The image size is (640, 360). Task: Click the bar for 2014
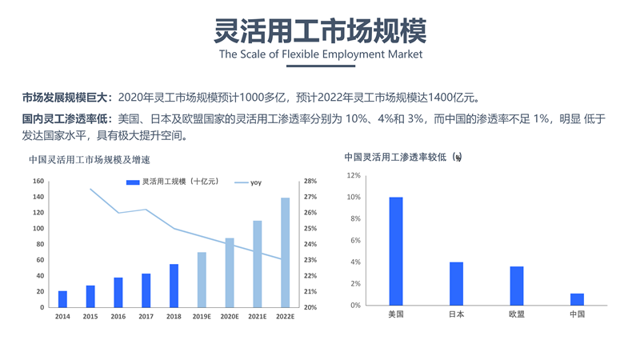pos(63,299)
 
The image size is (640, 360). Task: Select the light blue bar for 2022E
pos(285,253)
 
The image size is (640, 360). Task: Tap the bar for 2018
pos(174,286)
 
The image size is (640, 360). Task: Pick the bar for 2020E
pos(230,273)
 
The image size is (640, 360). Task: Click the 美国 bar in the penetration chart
pos(396,251)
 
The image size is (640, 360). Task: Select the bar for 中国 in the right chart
pos(577,299)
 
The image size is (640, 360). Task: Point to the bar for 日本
pos(456,283)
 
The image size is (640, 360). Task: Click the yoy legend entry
pos(249,183)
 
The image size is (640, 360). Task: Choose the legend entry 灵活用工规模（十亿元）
pos(173,183)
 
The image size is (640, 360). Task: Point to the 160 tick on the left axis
pos(38,182)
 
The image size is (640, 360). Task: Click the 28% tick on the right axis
pos(310,182)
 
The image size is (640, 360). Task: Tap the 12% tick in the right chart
pos(354,175)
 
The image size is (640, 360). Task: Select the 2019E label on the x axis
pos(202,317)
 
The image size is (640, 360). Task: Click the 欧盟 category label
pos(517,314)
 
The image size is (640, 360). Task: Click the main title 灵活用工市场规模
pos(320,30)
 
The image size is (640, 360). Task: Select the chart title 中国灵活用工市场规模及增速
pos(89,159)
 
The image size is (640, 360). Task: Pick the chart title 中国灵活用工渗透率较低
pos(402,158)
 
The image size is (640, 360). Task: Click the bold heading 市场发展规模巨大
pos(67,98)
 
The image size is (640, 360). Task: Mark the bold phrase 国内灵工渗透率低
pos(67,119)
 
